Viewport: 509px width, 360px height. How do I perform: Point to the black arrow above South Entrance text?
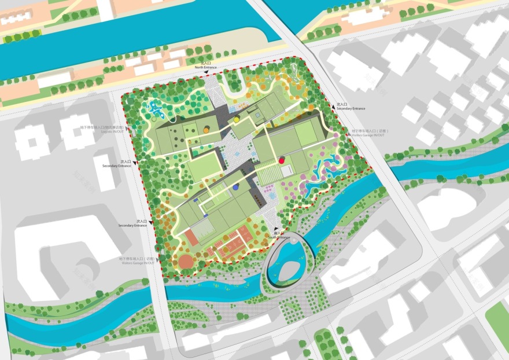coord(277,228)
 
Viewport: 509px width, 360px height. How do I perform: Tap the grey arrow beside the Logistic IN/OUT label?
coord(134,132)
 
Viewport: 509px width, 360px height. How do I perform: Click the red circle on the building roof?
coord(282,160)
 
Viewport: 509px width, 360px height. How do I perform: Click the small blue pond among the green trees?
coord(156,108)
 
